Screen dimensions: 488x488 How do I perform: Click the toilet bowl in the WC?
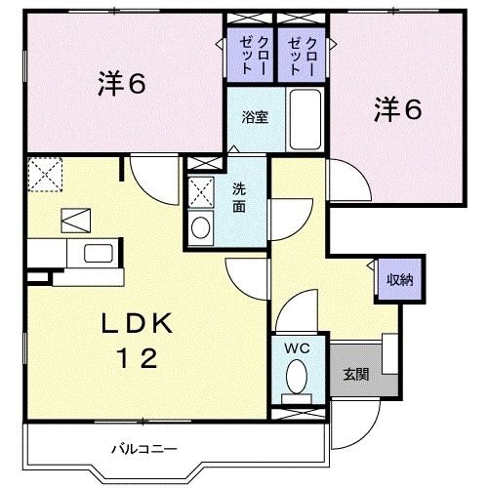pos(297,376)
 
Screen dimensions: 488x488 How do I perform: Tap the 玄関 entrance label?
pos(354,373)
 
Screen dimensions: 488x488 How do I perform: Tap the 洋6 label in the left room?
pos(121,84)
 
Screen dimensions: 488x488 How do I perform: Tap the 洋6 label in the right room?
pos(396,110)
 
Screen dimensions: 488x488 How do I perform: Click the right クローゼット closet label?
pos(303,57)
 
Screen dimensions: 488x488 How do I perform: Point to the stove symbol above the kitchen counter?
pos(74,220)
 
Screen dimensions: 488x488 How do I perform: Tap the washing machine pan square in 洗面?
pos(201,190)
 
